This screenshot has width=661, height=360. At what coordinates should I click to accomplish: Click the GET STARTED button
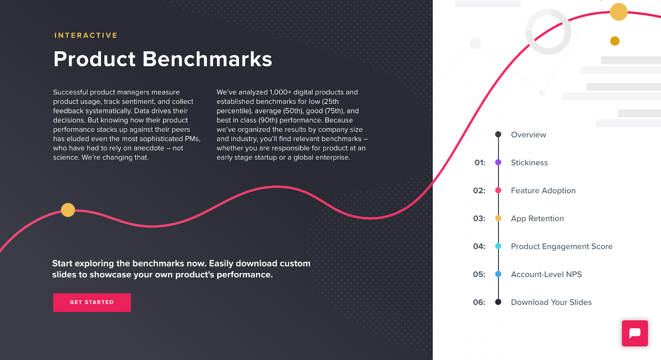tap(92, 302)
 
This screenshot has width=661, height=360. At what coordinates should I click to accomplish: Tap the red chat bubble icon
tap(635, 333)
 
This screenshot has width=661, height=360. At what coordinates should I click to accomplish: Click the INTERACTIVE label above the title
tap(86, 36)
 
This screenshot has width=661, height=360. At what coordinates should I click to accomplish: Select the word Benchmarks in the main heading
tap(207, 59)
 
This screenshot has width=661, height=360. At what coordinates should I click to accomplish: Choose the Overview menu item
tap(528, 135)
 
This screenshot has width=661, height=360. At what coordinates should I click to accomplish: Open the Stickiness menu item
tap(529, 163)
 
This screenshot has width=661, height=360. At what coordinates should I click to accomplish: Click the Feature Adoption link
tap(543, 191)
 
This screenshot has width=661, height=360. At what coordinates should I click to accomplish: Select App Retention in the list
tap(537, 218)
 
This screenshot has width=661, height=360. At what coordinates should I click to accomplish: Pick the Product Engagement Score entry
tap(561, 246)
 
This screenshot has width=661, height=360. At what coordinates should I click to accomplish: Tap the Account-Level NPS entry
tap(546, 275)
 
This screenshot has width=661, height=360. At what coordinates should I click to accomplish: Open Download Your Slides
tap(551, 302)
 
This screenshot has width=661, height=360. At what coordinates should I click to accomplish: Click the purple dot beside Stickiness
tap(498, 163)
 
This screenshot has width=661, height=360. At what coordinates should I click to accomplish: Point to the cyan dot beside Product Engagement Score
tap(498, 246)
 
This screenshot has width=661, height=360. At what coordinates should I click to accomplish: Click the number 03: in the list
tap(479, 218)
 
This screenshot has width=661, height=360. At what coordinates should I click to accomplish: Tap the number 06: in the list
tap(479, 302)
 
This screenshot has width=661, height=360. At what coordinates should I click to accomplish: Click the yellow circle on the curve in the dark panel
tap(68, 210)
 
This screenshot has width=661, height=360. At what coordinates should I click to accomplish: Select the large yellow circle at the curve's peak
tap(618, 12)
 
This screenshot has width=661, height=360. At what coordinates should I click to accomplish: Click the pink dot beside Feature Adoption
tap(498, 190)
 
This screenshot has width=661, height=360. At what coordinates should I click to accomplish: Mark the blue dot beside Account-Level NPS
tap(498, 274)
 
